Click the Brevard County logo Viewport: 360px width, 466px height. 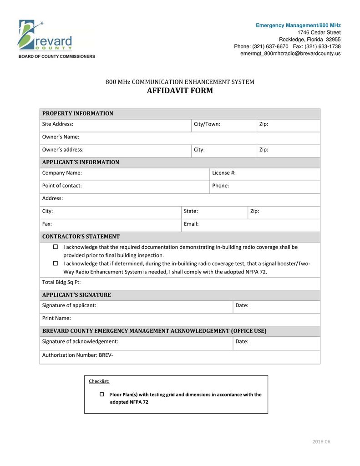coord(46,36)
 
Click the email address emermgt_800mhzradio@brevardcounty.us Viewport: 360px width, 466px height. coord(290,54)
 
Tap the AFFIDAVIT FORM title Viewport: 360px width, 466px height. coord(180,91)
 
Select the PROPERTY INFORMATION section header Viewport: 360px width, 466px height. coord(78,114)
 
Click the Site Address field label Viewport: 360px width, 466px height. coord(58,124)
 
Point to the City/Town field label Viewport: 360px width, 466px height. coord(207,124)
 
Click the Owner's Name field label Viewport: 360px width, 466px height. coord(61,137)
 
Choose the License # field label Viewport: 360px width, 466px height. coord(224,173)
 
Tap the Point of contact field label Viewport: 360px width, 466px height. coord(62,186)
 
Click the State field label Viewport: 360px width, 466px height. coord(191,211)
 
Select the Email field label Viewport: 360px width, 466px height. coord(191,224)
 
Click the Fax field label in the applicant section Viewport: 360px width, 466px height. coord(47,224)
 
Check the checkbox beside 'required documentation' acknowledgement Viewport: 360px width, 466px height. coord(56,247)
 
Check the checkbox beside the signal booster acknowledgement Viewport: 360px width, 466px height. coord(56,263)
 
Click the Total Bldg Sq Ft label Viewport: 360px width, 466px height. coord(61,282)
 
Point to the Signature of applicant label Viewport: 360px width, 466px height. coord(69,305)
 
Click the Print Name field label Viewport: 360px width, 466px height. coord(56,318)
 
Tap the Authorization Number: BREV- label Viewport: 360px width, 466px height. coord(78,355)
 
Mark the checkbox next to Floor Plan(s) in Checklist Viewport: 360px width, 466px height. coord(101,395)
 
